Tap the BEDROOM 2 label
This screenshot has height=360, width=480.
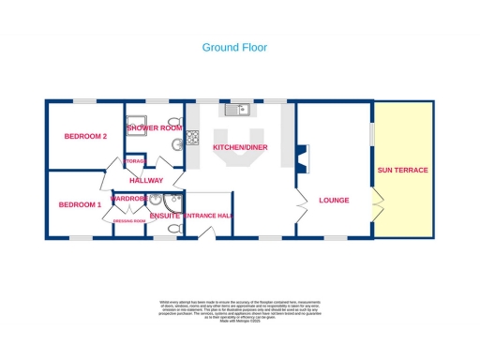[x=85, y=137]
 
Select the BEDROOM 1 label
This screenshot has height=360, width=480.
[x=80, y=204]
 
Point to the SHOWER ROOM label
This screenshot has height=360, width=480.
[x=154, y=127]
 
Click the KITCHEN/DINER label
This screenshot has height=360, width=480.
[x=239, y=148]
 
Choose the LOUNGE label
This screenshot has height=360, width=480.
[x=334, y=200]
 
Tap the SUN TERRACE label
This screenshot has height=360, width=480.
[x=402, y=171]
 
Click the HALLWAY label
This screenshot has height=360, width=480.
[x=146, y=180]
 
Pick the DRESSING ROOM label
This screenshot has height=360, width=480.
[x=128, y=221]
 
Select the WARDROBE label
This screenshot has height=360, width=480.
[x=129, y=199]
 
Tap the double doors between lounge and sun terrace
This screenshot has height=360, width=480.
[x=376, y=202]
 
